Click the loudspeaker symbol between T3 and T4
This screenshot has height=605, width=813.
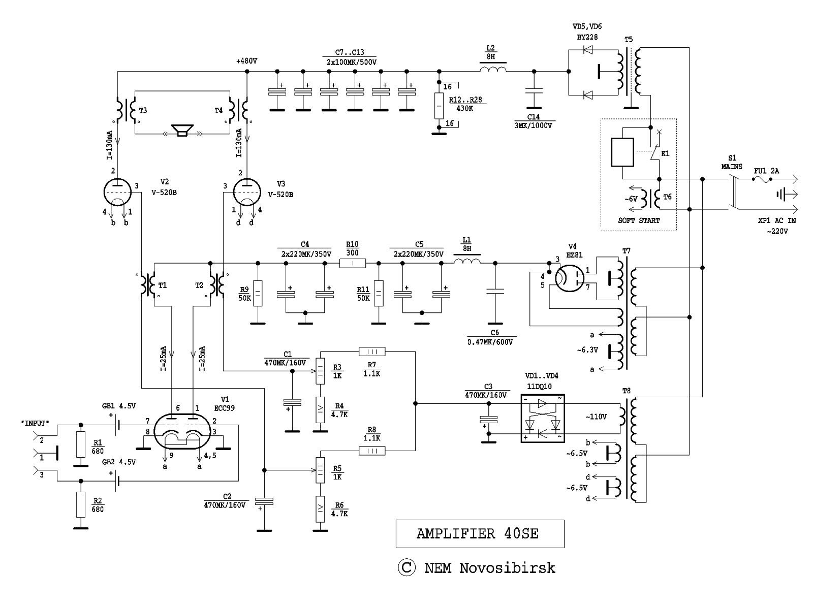(x=181, y=131)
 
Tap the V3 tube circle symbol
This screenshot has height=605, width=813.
(x=247, y=192)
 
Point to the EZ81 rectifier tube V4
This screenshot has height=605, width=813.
(x=567, y=278)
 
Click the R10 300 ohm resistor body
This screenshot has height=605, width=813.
(x=352, y=263)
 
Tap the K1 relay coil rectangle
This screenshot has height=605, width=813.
(x=622, y=152)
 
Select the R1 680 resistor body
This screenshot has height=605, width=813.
(x=80, y=444)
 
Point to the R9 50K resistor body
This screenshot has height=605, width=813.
(x=258, y=293)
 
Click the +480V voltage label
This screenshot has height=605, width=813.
(x=246, y=61)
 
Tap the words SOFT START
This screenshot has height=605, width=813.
(x=639, y=220)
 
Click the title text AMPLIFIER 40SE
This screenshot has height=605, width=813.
(x=478, y=533)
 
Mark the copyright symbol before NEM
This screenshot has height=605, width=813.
(x=406, y=567)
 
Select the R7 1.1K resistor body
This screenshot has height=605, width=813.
(x=372, y=351)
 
